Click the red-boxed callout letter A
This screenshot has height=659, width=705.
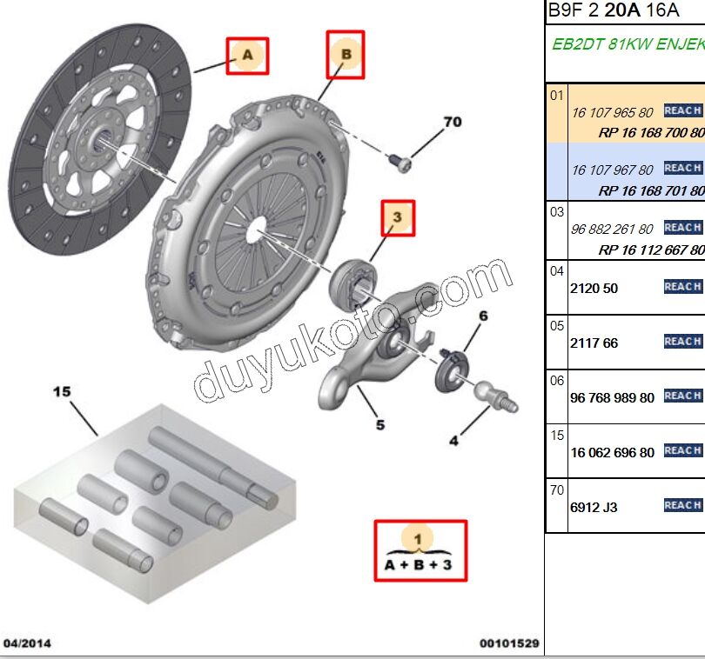click(247, 56)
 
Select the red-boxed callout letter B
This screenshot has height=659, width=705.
click(346, 54)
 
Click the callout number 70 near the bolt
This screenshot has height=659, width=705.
click(453, 123)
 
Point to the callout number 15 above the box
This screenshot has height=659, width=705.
click(62, 392)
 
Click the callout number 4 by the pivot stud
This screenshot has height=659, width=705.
click(453, 442)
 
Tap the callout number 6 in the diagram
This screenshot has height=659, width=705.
click(483, 316)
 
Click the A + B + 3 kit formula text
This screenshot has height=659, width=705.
click(420, 566)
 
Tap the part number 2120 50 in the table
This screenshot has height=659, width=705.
click(594, 288)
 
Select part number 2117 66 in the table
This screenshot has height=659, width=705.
click(594, 343)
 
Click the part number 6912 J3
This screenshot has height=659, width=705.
click(593, 506)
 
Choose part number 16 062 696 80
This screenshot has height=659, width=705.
click(612, 452)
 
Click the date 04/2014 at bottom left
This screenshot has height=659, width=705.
click(27, 644)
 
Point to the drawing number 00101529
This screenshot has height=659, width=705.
click(509, 644)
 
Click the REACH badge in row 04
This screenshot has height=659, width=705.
click(683, 287)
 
